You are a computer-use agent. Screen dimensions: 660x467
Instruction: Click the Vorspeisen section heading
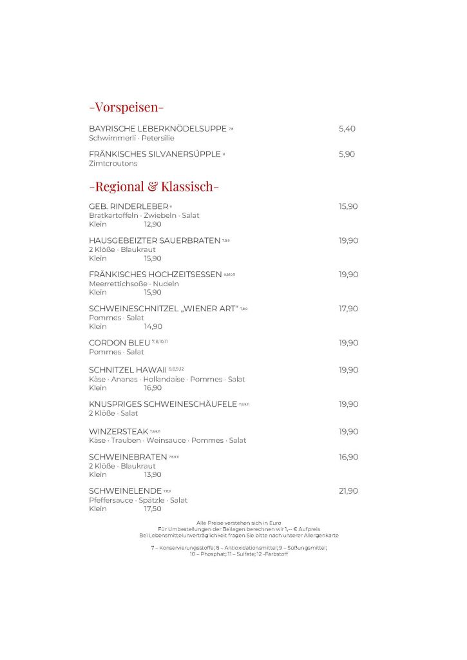126,107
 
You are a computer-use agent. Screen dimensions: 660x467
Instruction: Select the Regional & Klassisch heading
154,187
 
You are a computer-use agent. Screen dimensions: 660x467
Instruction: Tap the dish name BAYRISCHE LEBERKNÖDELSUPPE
157,129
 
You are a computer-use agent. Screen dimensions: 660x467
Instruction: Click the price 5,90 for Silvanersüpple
347,154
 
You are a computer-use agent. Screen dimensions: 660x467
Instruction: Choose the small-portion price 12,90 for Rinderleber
153,224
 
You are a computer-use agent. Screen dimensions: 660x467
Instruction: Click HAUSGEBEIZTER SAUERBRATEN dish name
154,240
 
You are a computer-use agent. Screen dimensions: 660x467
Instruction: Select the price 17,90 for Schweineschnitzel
348,309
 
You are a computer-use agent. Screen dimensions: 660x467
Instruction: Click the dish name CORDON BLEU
119,343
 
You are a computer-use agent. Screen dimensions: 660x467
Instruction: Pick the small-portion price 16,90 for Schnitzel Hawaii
153,388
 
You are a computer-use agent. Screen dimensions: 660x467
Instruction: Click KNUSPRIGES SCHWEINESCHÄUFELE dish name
163,404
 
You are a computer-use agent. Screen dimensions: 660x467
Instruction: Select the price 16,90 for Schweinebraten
348,457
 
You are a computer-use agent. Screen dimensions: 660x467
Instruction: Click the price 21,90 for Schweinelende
348,491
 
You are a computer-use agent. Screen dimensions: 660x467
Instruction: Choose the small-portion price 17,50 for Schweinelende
153,509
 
